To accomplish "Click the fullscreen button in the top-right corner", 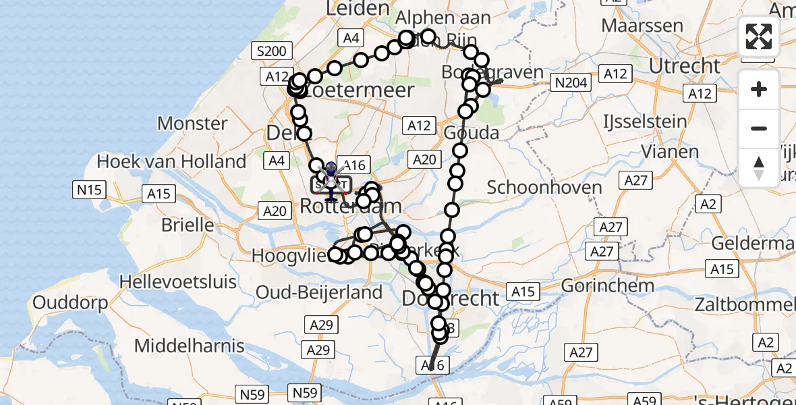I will click(x=759, y=36).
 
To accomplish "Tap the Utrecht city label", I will click(x=685, y=66).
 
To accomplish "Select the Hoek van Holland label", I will click(x=171, y=161).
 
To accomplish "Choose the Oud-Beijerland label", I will click(x=328, y=293).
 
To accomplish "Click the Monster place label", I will click(x=192, y=124).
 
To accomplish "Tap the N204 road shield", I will click(x=570, y=83).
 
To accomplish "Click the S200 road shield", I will click(x=271, y=51).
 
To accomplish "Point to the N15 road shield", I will click(x=89, y=190).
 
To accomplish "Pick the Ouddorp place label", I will click(x=70, y=303).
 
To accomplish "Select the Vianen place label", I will click(x=670, y=151).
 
